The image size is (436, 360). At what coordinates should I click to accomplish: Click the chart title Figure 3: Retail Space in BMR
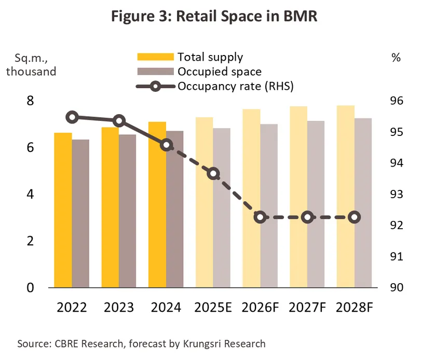pos(217,17)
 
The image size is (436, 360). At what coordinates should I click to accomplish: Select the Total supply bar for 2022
pos(63,210)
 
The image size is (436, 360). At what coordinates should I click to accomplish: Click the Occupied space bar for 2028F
pos(363,203)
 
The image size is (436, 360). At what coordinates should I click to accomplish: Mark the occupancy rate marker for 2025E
pos(213,174)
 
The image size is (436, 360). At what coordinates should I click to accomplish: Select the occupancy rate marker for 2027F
pos(307,217)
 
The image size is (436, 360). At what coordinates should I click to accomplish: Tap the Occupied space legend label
pos(219,72)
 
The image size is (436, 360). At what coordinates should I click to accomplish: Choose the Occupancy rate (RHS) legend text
pos(236,86)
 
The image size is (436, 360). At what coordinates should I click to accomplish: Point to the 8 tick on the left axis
pos(30,101)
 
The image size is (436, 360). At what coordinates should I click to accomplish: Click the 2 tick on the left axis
pos(30,241)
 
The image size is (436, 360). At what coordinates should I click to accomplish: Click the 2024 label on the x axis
pos(166,308)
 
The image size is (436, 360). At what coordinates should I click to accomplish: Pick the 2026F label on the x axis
pos(261,308)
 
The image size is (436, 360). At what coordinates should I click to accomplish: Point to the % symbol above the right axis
pos(396,58)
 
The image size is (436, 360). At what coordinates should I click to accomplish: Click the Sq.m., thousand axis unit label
pos(31,64)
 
